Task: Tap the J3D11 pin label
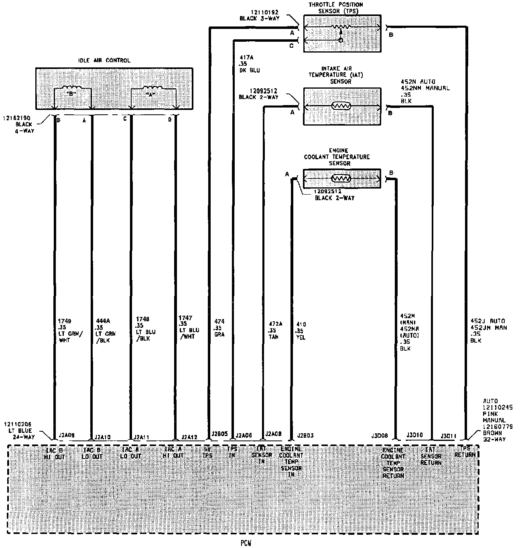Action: pyautogui.click(x=448, y=435)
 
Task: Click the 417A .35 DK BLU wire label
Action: pyautogui.click(x=249, y=64)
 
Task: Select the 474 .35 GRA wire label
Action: pyautogui.click(x=219, y=328)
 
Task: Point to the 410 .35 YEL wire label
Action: pyautogui.click(x=301, y=331)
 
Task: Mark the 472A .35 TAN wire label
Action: pyautogui.click(x=275, y=330)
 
